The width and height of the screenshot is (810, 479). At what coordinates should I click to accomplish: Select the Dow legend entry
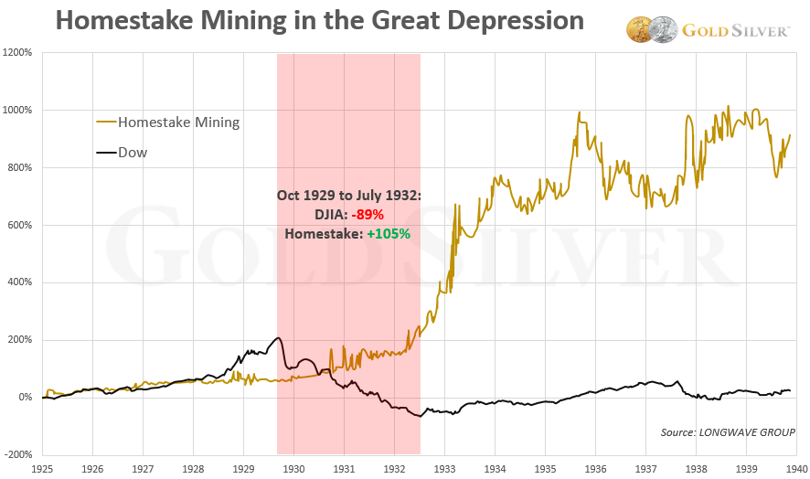[133, 153]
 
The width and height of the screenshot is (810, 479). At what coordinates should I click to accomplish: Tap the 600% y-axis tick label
[20, 225]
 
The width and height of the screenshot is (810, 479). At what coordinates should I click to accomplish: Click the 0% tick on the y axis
[25, 397]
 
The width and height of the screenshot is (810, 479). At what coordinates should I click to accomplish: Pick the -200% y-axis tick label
[18, 454]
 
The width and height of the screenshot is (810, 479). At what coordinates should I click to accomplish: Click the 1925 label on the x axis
[43, 466]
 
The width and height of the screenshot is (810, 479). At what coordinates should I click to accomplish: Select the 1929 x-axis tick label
[243, 466]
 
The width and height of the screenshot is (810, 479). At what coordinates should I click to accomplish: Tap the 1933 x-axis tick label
[444, 466]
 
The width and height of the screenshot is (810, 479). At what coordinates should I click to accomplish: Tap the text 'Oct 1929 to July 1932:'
[347, 195]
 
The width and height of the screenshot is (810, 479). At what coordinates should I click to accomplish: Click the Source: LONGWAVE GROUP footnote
[729, 431]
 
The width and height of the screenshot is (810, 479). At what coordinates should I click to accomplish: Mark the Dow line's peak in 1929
[278, 338]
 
